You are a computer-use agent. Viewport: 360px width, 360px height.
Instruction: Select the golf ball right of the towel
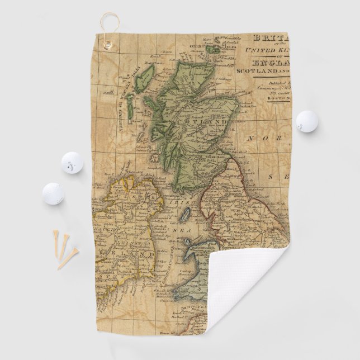pos(306,121)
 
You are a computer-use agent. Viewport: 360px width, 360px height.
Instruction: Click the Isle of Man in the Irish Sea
pos(187,215)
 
